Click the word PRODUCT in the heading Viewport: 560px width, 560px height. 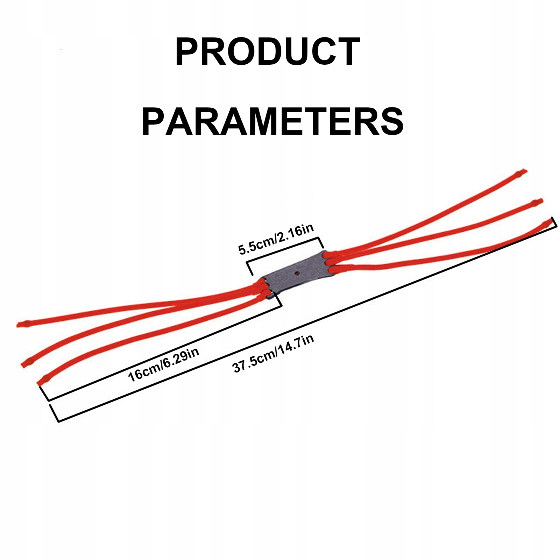(268, 52)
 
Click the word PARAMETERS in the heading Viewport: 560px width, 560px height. (272, 121)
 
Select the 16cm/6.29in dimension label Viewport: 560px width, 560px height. (163, 364)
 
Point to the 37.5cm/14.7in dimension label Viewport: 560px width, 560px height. (273, 354)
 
